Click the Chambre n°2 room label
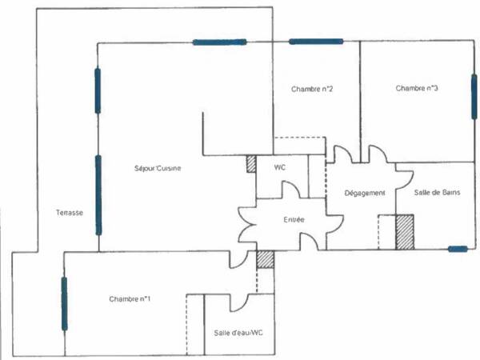point(312,89)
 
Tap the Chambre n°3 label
point(416,89)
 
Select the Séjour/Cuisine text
point(158,168)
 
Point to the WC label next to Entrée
point(280,168)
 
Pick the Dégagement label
point(365,193)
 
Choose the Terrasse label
point(70,213)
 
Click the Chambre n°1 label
point(130,299)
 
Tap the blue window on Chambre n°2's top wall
point(315,42)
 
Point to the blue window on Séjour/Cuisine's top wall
point(218,42)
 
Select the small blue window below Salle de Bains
point(458,250)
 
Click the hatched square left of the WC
point(250,162)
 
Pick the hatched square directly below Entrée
point(265,258)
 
